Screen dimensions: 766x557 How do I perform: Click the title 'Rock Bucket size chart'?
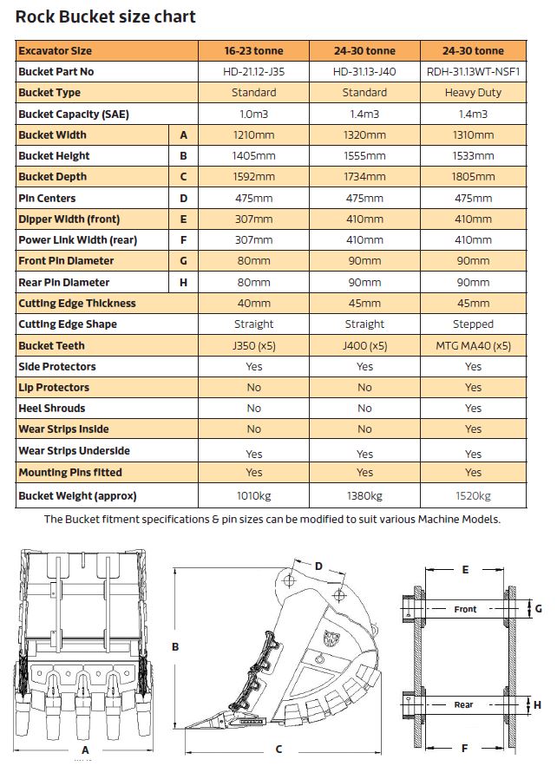(x=106, y=16)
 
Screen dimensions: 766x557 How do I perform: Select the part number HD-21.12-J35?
(x=253, y=72)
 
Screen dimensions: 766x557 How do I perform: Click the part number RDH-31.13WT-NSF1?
(x=473, y=72)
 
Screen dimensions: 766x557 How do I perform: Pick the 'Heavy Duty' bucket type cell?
(x=473, y=93)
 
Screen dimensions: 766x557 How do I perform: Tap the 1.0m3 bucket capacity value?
(x=253, y=114)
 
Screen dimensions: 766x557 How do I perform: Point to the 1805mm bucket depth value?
(x=473, y=177)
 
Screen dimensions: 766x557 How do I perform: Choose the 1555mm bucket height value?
(x=364, y=156)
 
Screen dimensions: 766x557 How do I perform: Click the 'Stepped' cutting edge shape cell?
(x=473, y=324)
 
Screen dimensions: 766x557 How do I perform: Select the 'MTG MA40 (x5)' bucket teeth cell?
(x=473, y=345)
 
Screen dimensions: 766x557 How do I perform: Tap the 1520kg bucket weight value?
(x=473, y=496)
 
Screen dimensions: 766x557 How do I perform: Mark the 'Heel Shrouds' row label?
(x=52, y=408)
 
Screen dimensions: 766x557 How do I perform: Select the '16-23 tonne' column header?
(x=253, y=50)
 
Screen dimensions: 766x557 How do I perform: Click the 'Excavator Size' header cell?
(x=56, y=50)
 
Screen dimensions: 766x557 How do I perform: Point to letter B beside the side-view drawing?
(x=175, y=646)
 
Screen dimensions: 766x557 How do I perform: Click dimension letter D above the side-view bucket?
(x=318, y=566)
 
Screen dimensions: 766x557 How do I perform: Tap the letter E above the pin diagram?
(x=465, y=570)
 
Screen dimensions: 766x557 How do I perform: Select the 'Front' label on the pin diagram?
(x=465, y=610)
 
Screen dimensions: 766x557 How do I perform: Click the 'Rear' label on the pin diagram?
(x=464, y=705)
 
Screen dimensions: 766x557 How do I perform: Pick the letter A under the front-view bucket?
(x=85, y=749)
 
